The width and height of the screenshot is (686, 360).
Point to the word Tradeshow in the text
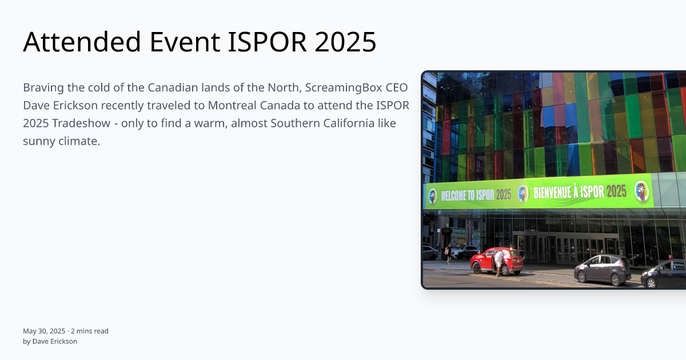click(81, 123)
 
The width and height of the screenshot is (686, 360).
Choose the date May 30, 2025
click(44, 331)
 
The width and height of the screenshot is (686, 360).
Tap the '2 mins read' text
click(90, 331)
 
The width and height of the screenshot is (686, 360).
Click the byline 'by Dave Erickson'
click(50, 341)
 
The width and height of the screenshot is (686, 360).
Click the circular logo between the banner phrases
click(523, 194)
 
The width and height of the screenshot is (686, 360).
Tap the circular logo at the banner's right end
click(642, 191)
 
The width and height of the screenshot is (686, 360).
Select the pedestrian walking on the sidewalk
click(449, 254)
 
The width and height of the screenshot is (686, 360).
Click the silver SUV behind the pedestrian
click(464, 251)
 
